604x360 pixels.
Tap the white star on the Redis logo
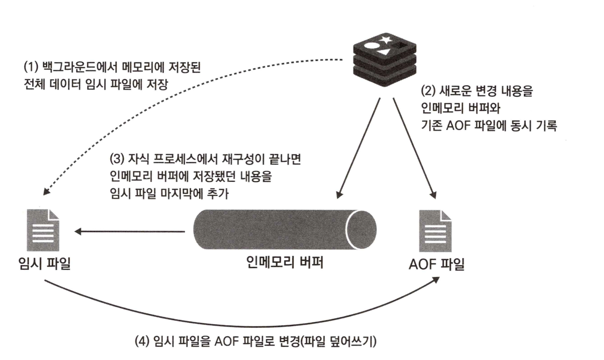click(x=385, y=39)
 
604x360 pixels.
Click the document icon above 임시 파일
click(x=43, y=230)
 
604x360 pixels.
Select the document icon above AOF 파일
click(x=435, y=231)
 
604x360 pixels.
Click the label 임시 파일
click(x=45, y=263)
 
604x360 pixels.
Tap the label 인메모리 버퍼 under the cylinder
click(x=285, y=262)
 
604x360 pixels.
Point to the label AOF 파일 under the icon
click(x=436, y=264)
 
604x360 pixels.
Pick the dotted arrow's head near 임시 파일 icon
click(x=46, y=191)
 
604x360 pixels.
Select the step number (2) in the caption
click(x=428, y=91)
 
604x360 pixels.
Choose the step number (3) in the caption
click(x=117, y=159)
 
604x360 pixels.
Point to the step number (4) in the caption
click(x=142, y=341)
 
